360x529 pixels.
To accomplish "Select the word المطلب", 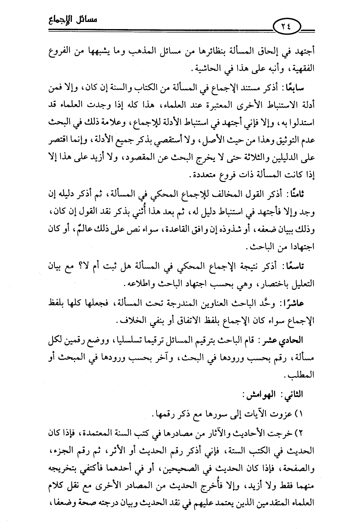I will (x=301, y=376).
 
